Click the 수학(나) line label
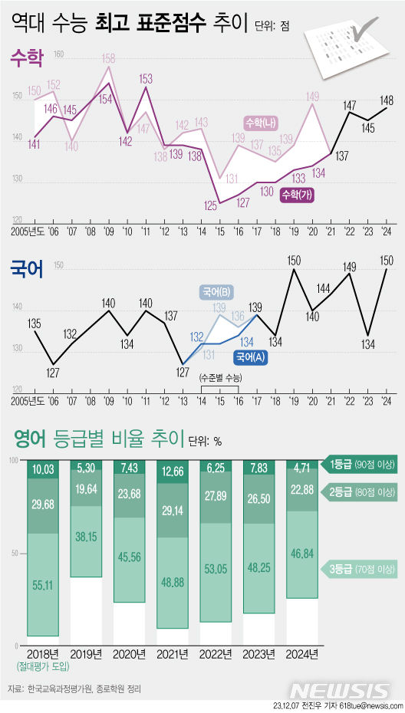[x=262, y=123]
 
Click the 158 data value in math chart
[x=109, y=58]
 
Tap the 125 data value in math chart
[x=209, y=205]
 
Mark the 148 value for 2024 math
[x=386, y=100]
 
